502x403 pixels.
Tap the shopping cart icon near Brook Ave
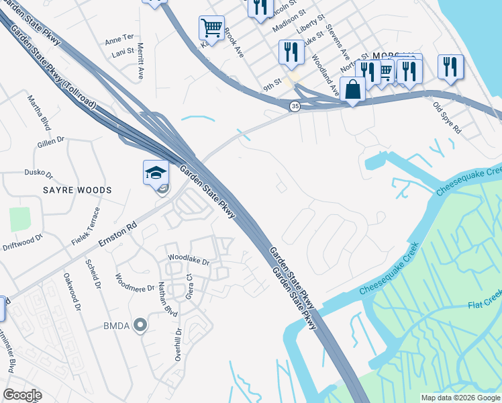point(211,28)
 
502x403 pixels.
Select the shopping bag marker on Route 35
point(352,89)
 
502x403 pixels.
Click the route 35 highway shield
point(295,106)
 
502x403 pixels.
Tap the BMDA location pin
point(140,326)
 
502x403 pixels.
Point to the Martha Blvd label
point(39,112)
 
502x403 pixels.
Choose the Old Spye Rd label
point(447,117)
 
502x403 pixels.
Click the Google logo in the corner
point(22,395)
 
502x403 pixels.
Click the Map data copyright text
point(460,398)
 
